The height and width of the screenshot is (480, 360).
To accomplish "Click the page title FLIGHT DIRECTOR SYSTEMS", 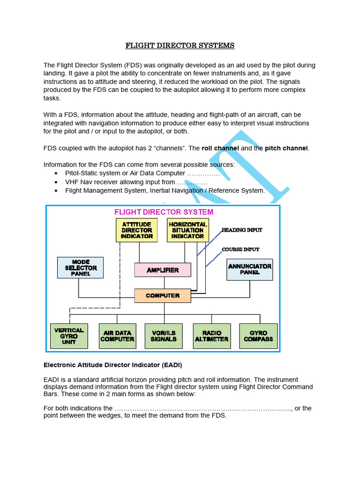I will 180,45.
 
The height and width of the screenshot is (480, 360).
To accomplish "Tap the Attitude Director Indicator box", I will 136,230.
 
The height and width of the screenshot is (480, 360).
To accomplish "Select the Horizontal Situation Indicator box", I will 187,230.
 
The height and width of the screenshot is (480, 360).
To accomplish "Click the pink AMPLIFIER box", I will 163,270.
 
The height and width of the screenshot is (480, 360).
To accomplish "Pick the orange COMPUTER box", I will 163,296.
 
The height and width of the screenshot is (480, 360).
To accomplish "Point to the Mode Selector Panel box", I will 80,268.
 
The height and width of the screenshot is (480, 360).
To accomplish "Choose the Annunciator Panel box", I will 249,269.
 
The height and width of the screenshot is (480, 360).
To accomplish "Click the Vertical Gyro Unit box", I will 69,336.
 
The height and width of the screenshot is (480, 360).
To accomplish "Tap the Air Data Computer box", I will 117,336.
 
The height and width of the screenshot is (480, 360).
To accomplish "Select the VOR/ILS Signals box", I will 164,336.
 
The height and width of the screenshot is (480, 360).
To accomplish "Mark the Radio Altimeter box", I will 212,336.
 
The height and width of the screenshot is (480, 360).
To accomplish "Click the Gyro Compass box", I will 258,336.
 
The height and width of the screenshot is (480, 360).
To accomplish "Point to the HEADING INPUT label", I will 242,230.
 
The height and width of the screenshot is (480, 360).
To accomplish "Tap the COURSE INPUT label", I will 240,249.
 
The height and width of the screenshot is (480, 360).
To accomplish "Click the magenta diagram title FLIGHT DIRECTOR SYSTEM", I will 164,212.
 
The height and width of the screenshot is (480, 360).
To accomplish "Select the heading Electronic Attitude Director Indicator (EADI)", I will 113,365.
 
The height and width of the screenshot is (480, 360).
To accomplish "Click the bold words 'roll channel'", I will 220,148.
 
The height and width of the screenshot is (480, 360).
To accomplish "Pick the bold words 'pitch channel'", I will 286,148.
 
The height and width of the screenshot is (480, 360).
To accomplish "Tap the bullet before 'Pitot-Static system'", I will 56,173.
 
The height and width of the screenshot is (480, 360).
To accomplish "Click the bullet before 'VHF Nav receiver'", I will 56,182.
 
